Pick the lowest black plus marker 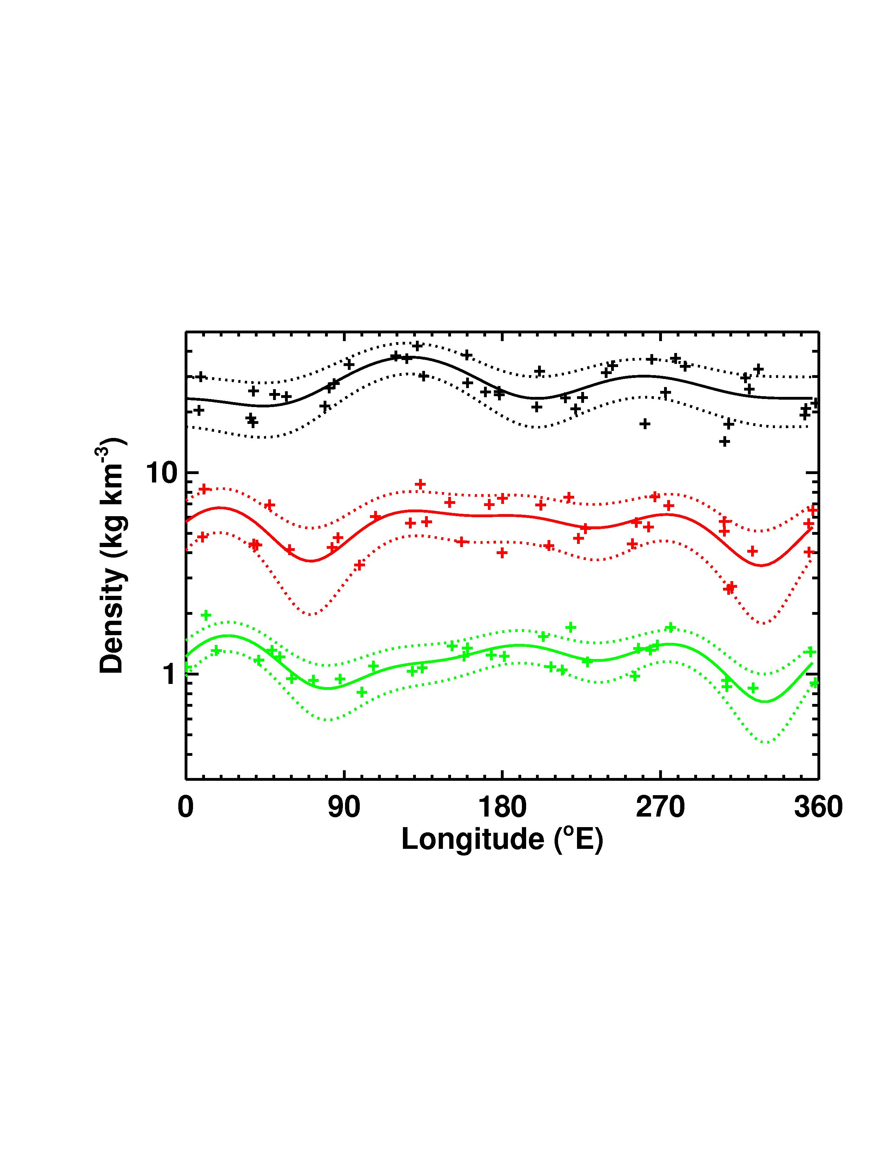tap(724, 441)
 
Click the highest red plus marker tap(420, 484)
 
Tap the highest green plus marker tap(206, 615)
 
